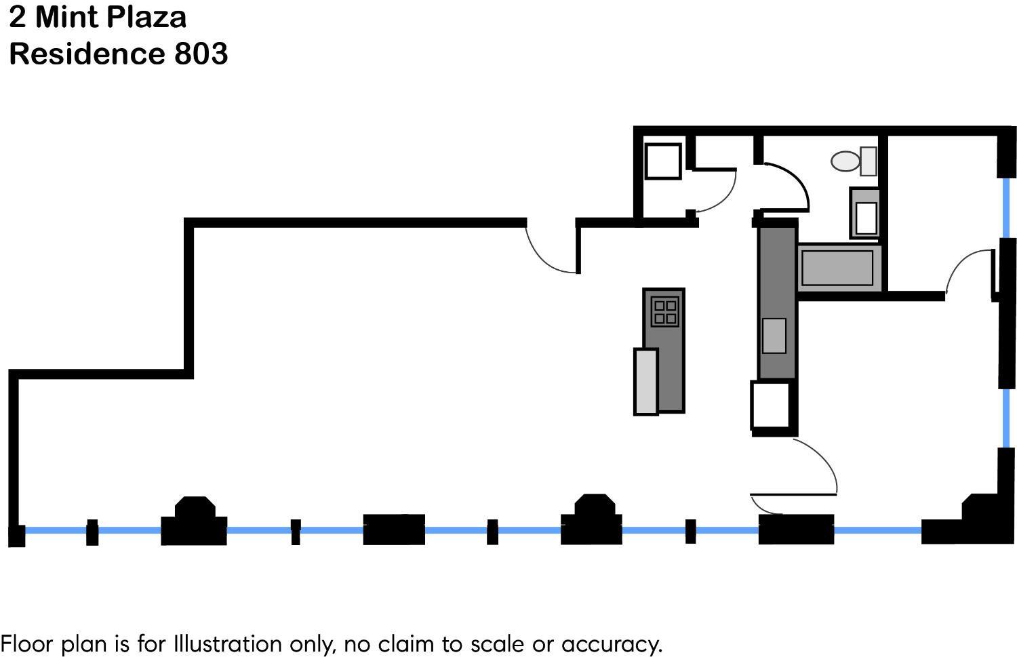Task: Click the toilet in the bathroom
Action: pyautogui.click(x=854, y=161)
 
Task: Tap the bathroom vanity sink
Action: pyautogui.click(x=865, y=214)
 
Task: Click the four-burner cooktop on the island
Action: pyautogui.click(x=664, y=311)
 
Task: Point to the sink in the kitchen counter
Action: pyautogui.click(x=774, y=336)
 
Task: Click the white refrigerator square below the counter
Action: pyautogui.click(x=771, y=405)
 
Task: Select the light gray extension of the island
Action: pyautogui.click(x=645, y=382)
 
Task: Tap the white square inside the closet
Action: pyautogui.click(x=663, y=161)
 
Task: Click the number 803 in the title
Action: pyautogui.click(x=201, y=54)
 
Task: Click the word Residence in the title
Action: pyautogui.click(x=87, y=54)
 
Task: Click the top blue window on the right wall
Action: pyautogui.click(x=1006, y=207)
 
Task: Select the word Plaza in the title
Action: pyautogui.click(x=147, y=17)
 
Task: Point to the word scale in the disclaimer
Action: pyautogui.click(x=496, y=644)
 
